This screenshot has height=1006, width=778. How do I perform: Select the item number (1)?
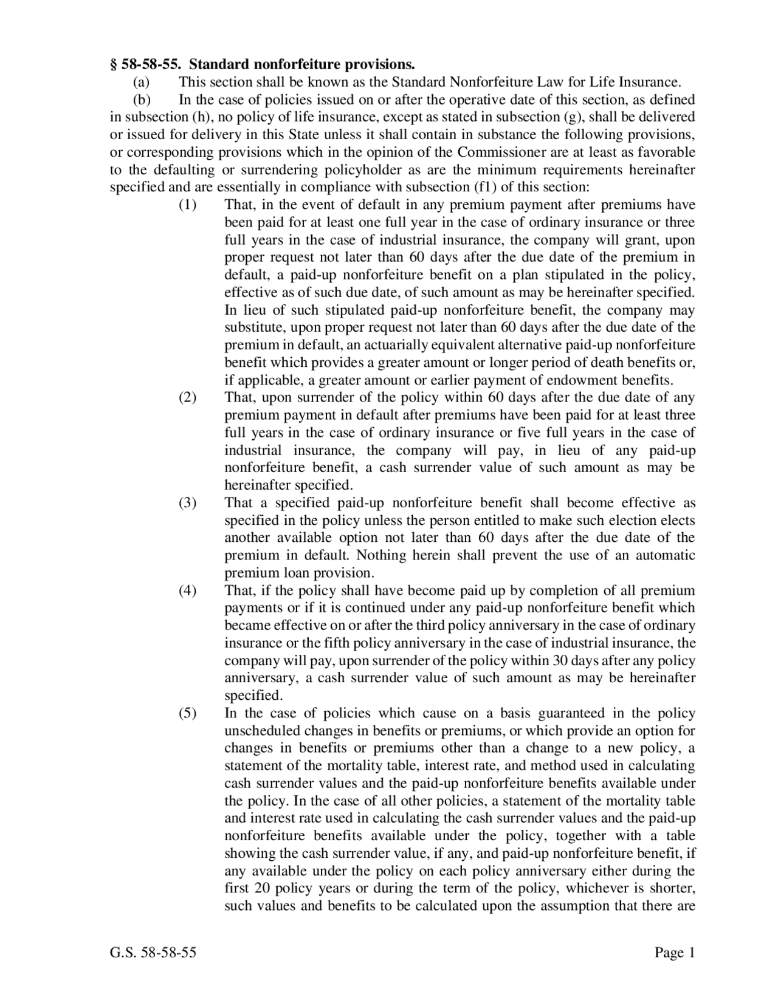click(x=187, y=205)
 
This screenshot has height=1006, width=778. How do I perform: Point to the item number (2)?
click(x=187, y=398)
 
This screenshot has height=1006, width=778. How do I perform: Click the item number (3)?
click(x=187, y=503)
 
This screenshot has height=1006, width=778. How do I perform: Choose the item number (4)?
click(x=187, y=590)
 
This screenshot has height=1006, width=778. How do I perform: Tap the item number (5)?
click(x=187, y=713)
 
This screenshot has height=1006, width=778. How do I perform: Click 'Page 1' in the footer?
click(x=674, y=953)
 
